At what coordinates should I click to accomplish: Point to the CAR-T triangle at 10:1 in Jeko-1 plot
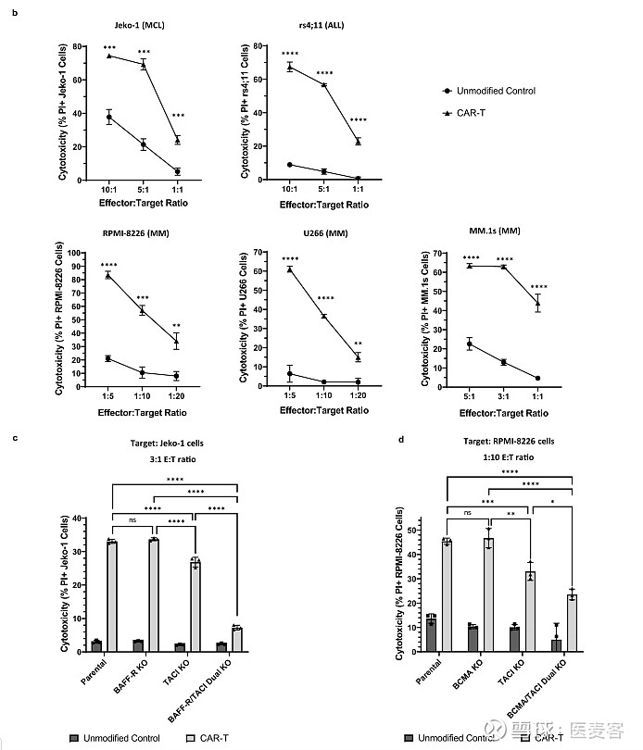[x=109, y=56]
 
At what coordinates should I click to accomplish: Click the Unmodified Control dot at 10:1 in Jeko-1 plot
[x=109, y=117]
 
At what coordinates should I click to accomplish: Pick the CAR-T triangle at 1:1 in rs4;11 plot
[x=358, y=141]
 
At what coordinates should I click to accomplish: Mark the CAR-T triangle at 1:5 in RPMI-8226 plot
[x=108, y=275]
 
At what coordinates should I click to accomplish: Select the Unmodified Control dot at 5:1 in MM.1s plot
[x=470, y=344]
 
